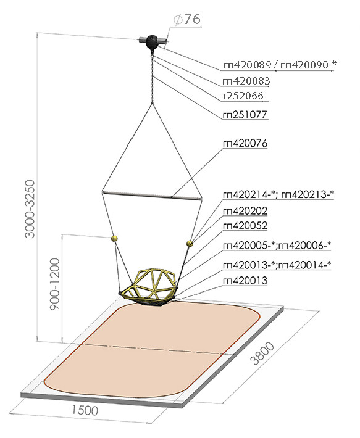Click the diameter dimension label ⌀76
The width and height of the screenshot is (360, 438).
(x=187, y=19)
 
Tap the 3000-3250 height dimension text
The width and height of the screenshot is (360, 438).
(x=30, y=209)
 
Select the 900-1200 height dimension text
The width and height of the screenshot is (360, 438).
(x=55, y=284)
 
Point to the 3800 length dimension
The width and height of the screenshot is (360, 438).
(x=263, y=353)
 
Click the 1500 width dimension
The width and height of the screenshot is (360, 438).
(x=85, y=410)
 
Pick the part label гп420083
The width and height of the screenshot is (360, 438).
(x=246, y=81)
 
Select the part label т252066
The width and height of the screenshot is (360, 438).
(x=243, y=96)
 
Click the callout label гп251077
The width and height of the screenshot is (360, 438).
(x=245, y=115)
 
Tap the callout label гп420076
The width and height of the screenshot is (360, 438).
(x=245, y=143)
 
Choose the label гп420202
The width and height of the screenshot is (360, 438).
(x=245, y=211)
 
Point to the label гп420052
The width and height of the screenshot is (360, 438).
(x=245, y=226)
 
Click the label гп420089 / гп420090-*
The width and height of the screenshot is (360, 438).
(x=280, y=65)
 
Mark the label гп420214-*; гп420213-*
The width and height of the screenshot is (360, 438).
(x=278, y=194)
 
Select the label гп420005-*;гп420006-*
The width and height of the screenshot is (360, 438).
(x=277, y=246)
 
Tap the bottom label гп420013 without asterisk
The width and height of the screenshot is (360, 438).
(x=245, y=281)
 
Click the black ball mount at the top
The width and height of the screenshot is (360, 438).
(x=153, y=42)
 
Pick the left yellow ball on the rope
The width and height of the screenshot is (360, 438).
(x=114, y=238)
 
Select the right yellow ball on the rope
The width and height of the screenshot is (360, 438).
(x=190, y=243)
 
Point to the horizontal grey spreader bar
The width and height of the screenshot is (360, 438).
(x=152, y=196)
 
